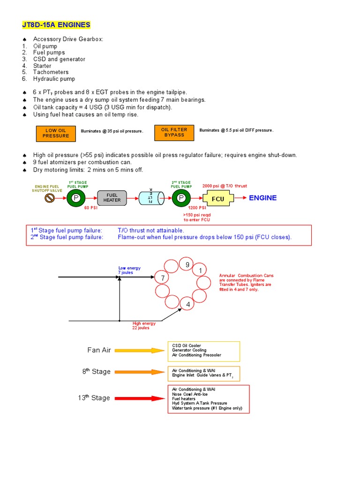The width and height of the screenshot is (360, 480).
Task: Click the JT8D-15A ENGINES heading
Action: pyautogui.click(x=56, y=24)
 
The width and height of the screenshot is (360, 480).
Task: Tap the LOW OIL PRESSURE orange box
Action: pyautogui.click(x=56, y=133)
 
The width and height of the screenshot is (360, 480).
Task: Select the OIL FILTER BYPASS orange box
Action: pyautogui.click(x=174, y=133)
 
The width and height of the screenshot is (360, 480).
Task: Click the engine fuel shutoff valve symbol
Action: pyautogui.click(x=49, y=198)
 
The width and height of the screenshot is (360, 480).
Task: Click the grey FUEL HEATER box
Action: pyautogui.click(x=112, y=198)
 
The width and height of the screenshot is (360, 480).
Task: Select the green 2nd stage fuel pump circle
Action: pyautogui.click(x=181, y=198)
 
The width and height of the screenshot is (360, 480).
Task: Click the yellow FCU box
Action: pyautogui.click(x=217, y=198)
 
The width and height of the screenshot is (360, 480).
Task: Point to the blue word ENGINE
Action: pyautogui.click(x=262, y=198)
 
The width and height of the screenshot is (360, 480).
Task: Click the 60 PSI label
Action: pyautogui.click(x=90, y=208)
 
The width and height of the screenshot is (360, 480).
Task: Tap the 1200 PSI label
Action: pyautogui.click(x=197, y=208)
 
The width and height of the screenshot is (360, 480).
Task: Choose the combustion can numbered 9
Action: pyautogui.click(x=187, y=265)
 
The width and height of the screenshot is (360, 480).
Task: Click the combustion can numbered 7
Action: pyautogui.click(x=163, y=278)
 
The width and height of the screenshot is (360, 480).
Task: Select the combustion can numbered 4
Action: pyautogui.click(x=188, y=305)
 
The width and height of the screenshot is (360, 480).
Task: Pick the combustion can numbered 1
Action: pyautogui.click(x=200, y=271)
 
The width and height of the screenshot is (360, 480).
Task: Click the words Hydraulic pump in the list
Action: pyautogui.click(x=54, y=79)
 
